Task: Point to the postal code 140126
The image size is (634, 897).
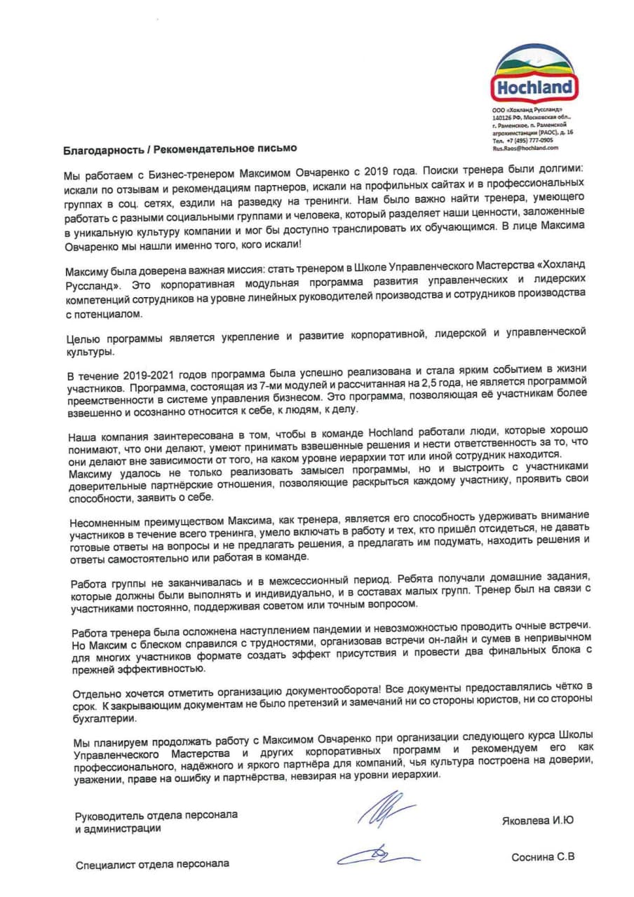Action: tap(502, 117)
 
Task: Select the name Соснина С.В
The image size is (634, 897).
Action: tap(542, 857)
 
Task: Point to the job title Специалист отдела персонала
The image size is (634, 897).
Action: tap(152, 864)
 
